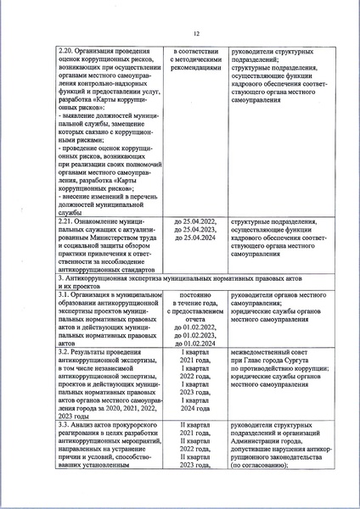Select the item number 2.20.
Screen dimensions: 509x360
point(65,52)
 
